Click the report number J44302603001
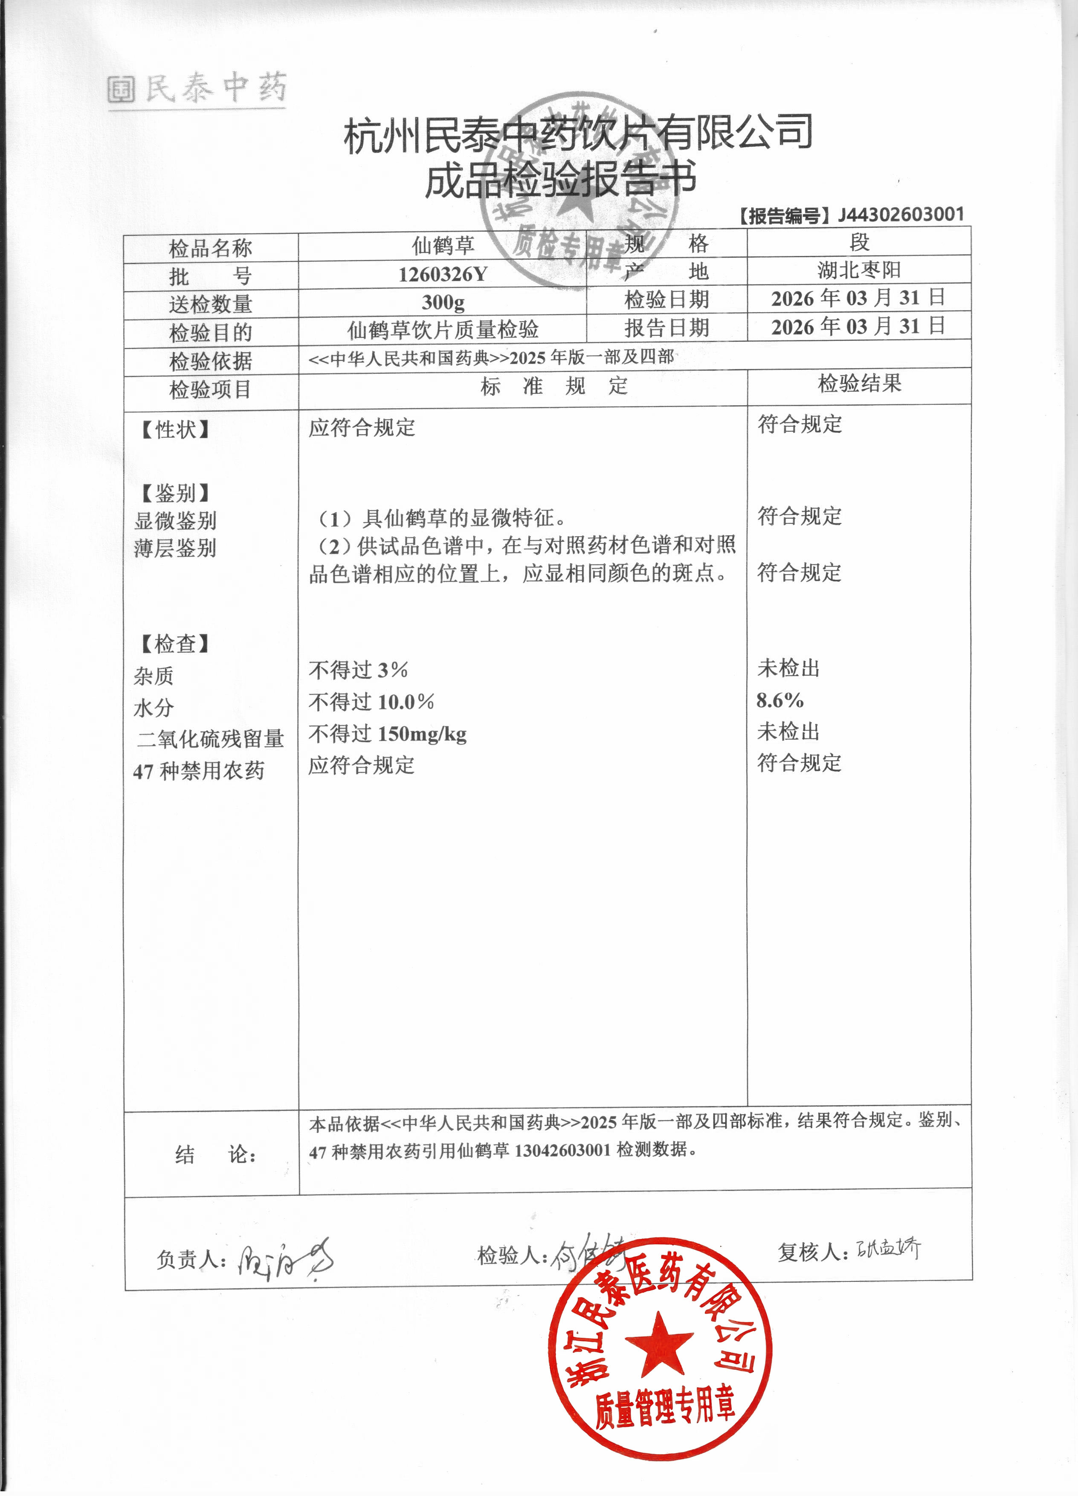(x=901, y=215)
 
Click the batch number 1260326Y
(x=442, y=274)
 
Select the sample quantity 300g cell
(x=442, y=302)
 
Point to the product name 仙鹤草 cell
(x=442, y=246)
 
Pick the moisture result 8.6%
(x=780, y=700)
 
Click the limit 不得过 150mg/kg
(x=388, y=733)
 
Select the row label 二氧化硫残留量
(x=210, y=739)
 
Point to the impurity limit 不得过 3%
(x=358, y=670)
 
